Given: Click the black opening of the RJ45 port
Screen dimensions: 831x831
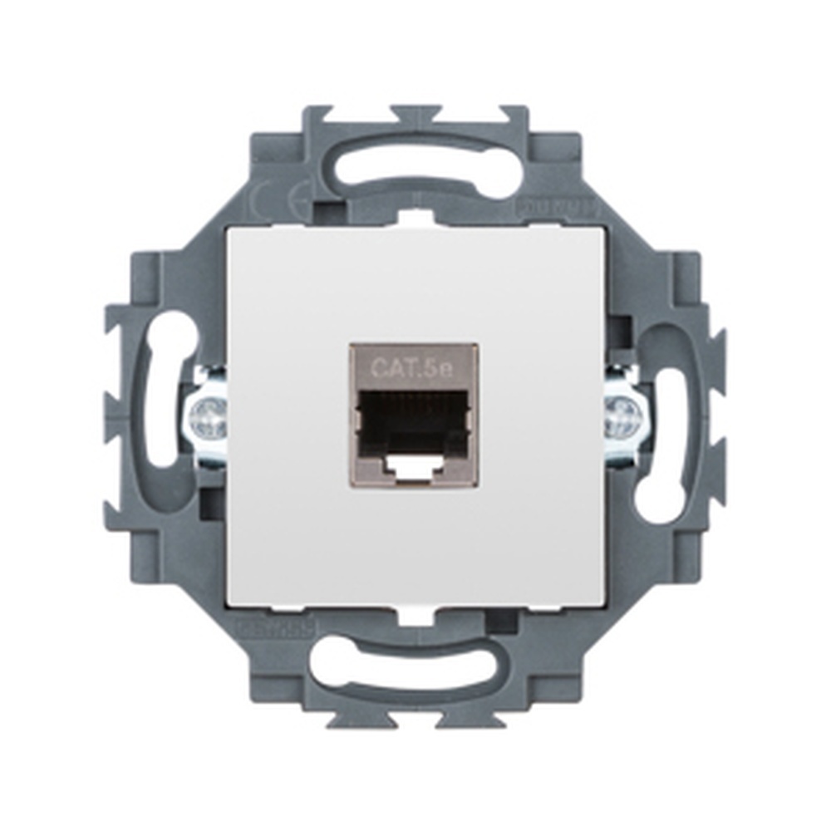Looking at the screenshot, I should [414, 423].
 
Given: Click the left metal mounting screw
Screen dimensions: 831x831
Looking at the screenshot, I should [205, 417].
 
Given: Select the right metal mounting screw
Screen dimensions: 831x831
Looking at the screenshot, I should [624, 417].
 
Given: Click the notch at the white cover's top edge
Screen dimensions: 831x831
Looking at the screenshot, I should [415, 219].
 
